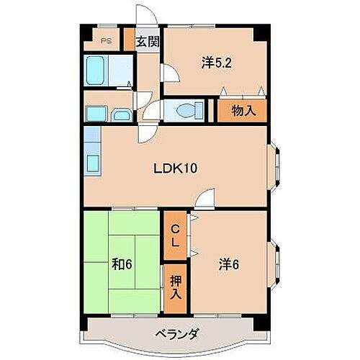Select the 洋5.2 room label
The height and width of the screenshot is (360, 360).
(215, 63)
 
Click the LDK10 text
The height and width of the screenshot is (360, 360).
(174, 168)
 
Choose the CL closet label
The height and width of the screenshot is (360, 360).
(174, 235)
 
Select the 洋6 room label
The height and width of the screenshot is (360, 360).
(230, 265)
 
